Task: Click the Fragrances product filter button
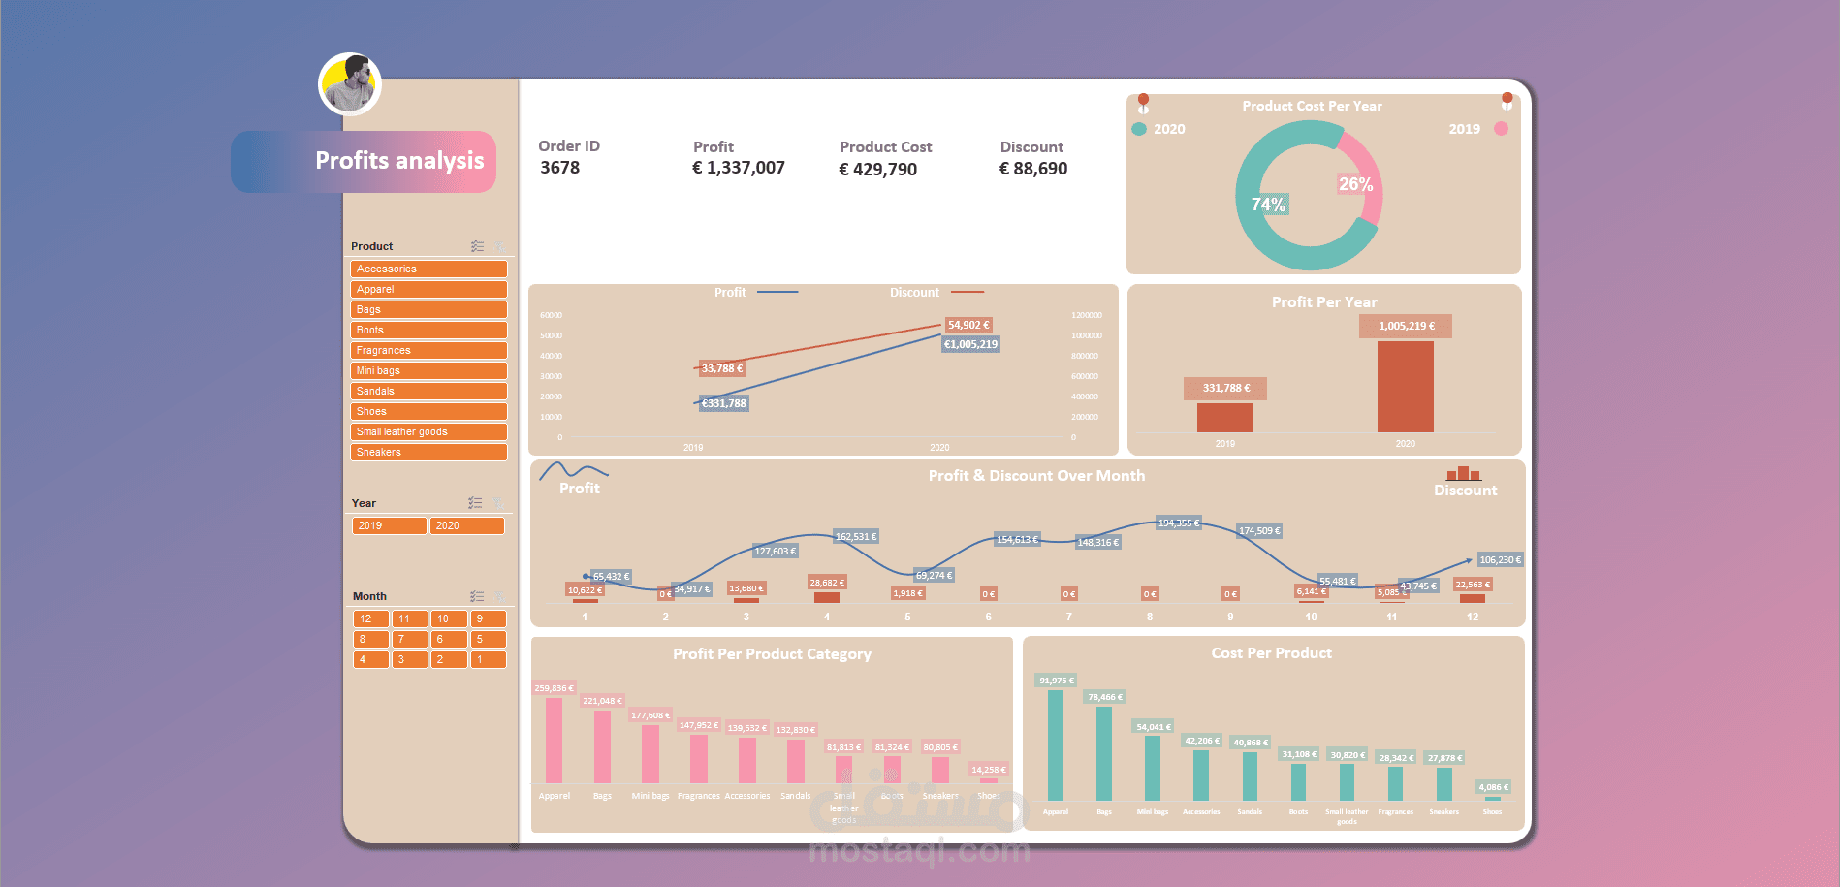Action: (428, 350)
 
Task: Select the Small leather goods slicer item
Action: (428, 431)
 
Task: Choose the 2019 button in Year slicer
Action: (389, 525)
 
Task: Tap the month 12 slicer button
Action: (370, 618)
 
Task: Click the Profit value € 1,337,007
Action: (739, 168)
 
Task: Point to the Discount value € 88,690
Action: (1033, 169)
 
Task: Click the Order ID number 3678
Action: (560, 168)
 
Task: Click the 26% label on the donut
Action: (1355, 184)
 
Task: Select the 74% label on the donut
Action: (1268, 205)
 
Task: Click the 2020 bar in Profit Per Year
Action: (1405, 387)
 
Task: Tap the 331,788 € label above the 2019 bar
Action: (1225, 388)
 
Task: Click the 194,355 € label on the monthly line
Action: (1179, 523)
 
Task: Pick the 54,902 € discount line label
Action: (968, 326)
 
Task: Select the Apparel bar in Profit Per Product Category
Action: (554, 740)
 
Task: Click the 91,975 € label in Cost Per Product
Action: (1056, 681)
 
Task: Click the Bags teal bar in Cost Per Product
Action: (1104, 753)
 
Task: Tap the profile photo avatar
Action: (350, 84)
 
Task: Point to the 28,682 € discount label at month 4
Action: (827, 583)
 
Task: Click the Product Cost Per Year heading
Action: (1312, 106)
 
